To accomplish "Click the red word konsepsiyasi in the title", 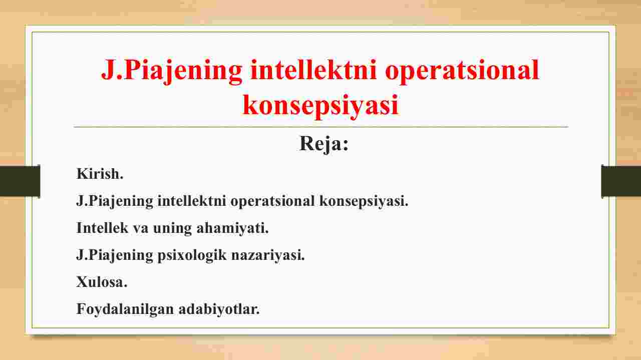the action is pos(320,105).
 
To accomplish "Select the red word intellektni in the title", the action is pos(313,69).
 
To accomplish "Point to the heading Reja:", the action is pos(324,144).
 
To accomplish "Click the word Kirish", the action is pos(100,174).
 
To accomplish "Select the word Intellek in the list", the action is pos(102,228).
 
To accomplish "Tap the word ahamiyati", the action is pos(232,229).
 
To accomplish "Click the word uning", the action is pos(172,229).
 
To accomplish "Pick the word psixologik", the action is pos(192,255).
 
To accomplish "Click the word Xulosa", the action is pos(102,282).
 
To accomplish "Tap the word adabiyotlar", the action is pos(219,309).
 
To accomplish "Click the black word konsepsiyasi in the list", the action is pos(364,201).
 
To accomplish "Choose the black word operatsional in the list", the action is pos(272,201).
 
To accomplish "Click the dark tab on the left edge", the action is pos(20,181).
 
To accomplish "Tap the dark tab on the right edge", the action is pos(621,181).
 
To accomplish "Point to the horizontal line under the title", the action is pos(321,126).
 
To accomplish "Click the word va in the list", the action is pos(141,229).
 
